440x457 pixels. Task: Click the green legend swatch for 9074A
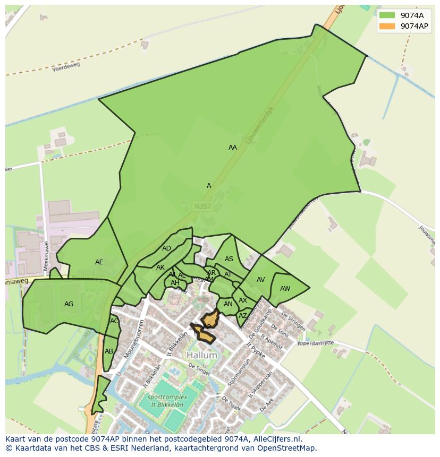(x=387, y=15)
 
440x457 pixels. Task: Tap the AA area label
(x=233, y=148)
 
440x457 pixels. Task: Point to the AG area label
(x=69, y=304)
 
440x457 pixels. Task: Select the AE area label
(x=99, y=262)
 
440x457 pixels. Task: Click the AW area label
(x=285, y=289)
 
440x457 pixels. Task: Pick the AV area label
(x=261, y=280)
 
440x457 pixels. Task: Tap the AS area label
(x=229, y=259)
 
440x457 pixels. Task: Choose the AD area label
(x=167, y=248)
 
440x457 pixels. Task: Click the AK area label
(x=160, y=268)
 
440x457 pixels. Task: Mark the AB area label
(x=109, y=351)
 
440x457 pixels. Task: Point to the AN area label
(x=229, y=304)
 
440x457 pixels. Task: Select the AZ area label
(x=243, y=316)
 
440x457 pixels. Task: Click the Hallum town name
(x=202, y=355)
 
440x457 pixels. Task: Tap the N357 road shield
(x=202, y=206)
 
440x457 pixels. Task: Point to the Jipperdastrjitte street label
(x=315, y=343)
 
